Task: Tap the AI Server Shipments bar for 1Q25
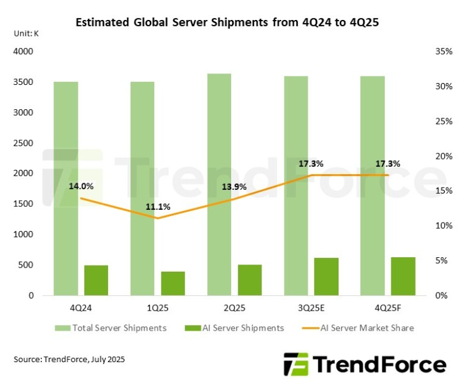173,283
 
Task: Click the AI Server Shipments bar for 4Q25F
403,276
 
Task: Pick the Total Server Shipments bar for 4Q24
66,188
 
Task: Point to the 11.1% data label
158,207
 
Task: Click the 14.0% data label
81,186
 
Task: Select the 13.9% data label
234,187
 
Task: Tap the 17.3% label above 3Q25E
311,164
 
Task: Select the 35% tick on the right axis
444,52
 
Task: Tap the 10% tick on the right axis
444,226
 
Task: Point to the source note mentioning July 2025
69,359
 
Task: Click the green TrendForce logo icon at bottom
295,364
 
